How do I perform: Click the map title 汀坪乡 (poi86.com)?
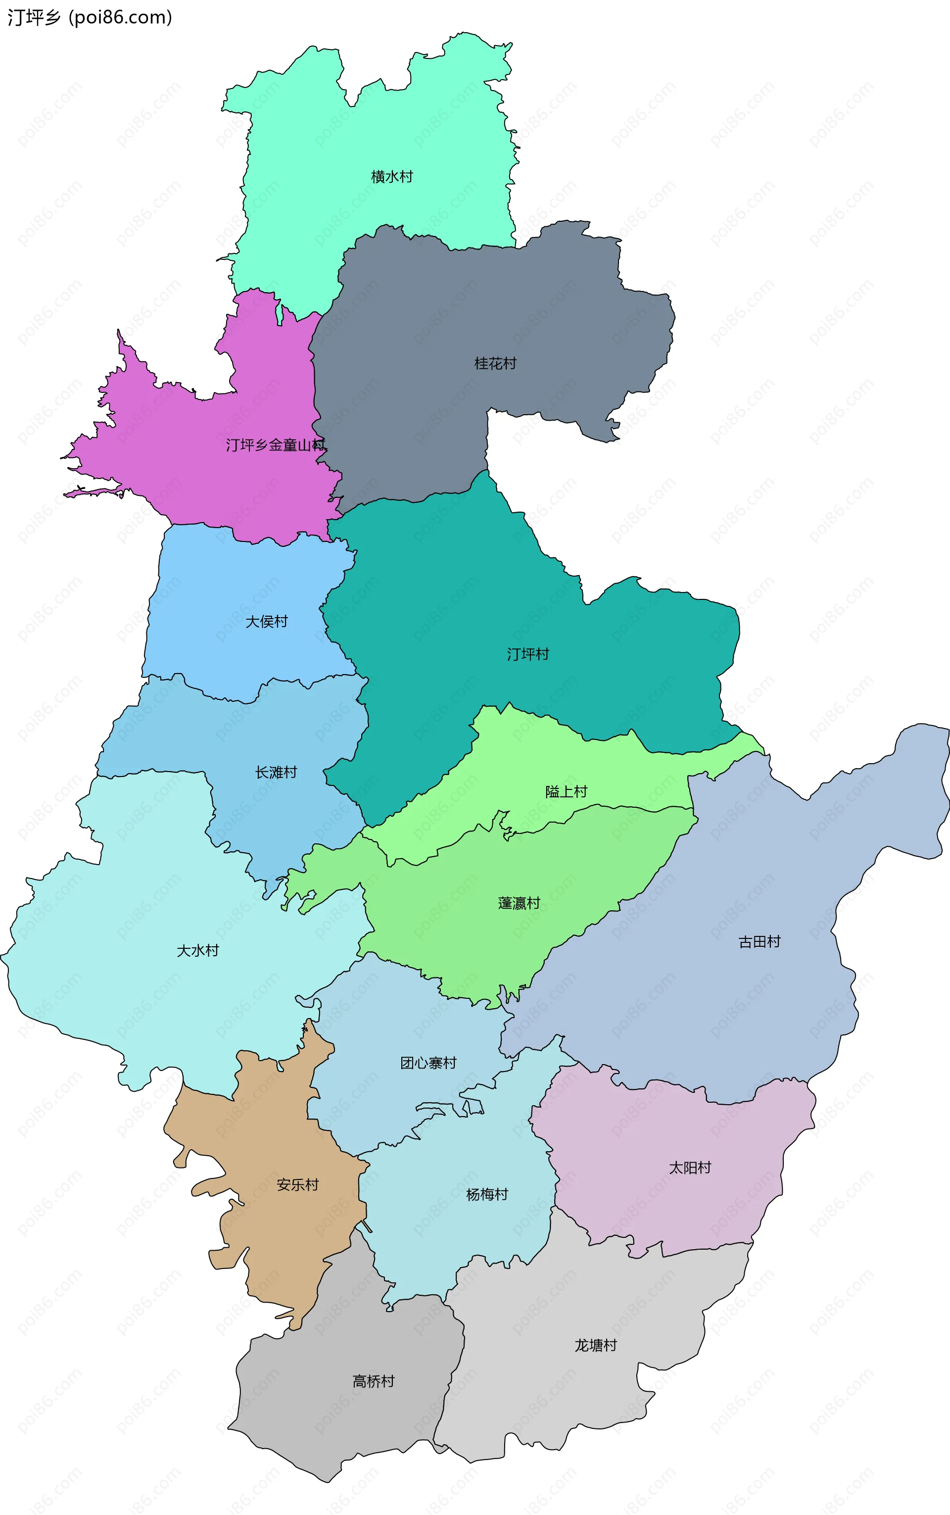[x=89, y=17]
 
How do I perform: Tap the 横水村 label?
[x=392, y=177]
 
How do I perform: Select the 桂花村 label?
[x=495, y=363]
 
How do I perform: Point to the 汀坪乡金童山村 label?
[x=276, y=445]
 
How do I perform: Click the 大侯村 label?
[x=266, y=622]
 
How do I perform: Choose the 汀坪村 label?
[x=528, y=654]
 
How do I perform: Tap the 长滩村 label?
[x=276, y=772]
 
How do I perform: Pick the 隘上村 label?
[x=566, y=792]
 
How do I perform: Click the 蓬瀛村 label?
[x=519, y=903]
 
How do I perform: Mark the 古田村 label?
[x=759, y=941]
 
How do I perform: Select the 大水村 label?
[x=198, y=950]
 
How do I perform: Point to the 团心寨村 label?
[x=428, y=1063]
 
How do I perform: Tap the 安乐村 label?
[x=298, y=1184]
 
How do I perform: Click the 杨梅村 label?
[x=487, y=1194]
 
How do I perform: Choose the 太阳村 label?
[x=690, y=1168]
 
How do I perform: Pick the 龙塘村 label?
[x=596, y=1345]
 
